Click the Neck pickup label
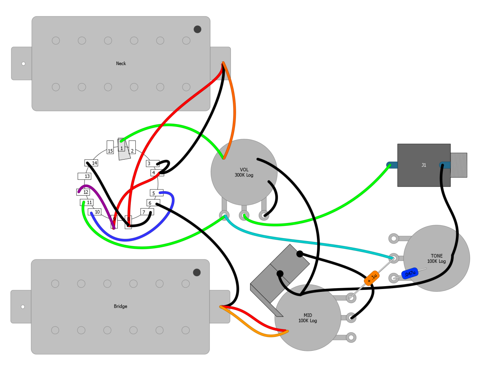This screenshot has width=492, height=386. [x=121, y=63]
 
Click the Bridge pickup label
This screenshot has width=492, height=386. [x=120, y=306]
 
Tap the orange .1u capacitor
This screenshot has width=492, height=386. [x=371, y=278]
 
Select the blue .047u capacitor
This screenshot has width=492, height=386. [x=410, y=273]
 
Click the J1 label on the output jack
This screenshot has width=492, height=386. [x=424, y=165]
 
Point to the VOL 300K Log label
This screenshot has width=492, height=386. [x=244, y=172]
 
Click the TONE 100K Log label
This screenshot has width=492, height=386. [x=436, y=259]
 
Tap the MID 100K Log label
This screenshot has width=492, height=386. [x=307, y=318]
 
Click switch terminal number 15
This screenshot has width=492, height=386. [x=110, y=147]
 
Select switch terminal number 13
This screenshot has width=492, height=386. [x=84, y=176]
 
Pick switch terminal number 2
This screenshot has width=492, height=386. [x=132, y=147]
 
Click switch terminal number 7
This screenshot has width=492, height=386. [x=147, y=212]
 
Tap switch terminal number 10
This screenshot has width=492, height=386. [x=94, y=212]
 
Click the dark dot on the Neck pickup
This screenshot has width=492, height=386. [x=198, y=29]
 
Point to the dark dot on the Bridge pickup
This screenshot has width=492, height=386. [x=197, y=272]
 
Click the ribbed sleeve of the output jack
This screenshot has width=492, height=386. [x=459, y=165]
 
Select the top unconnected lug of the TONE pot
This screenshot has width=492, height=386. [x=394, y=238]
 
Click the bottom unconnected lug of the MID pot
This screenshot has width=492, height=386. [x=351, y=338]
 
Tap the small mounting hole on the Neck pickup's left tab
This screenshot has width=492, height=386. [x=23, y=64]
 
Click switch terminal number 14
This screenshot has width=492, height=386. [x=91, y=163]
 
